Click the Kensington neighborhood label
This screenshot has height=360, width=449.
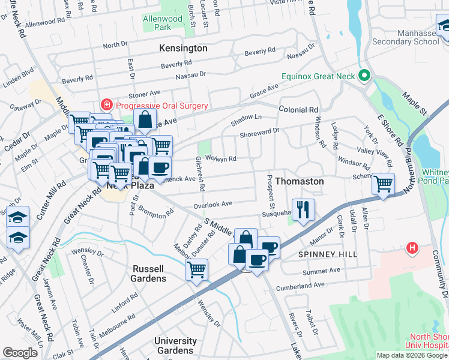click(183, 48)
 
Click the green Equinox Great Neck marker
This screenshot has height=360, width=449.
click(363, 76)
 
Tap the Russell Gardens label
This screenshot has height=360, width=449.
click(149, 274)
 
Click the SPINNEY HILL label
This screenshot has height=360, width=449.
click(328, 254)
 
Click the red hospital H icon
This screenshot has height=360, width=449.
click(412, 247)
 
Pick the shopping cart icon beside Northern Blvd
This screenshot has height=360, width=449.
click(383, 184)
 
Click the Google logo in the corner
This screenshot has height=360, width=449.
click(20, 353)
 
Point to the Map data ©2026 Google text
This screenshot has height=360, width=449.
click(412, 355)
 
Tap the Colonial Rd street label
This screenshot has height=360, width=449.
click(298, 110)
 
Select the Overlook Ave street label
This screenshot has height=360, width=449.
click(212, 204)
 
